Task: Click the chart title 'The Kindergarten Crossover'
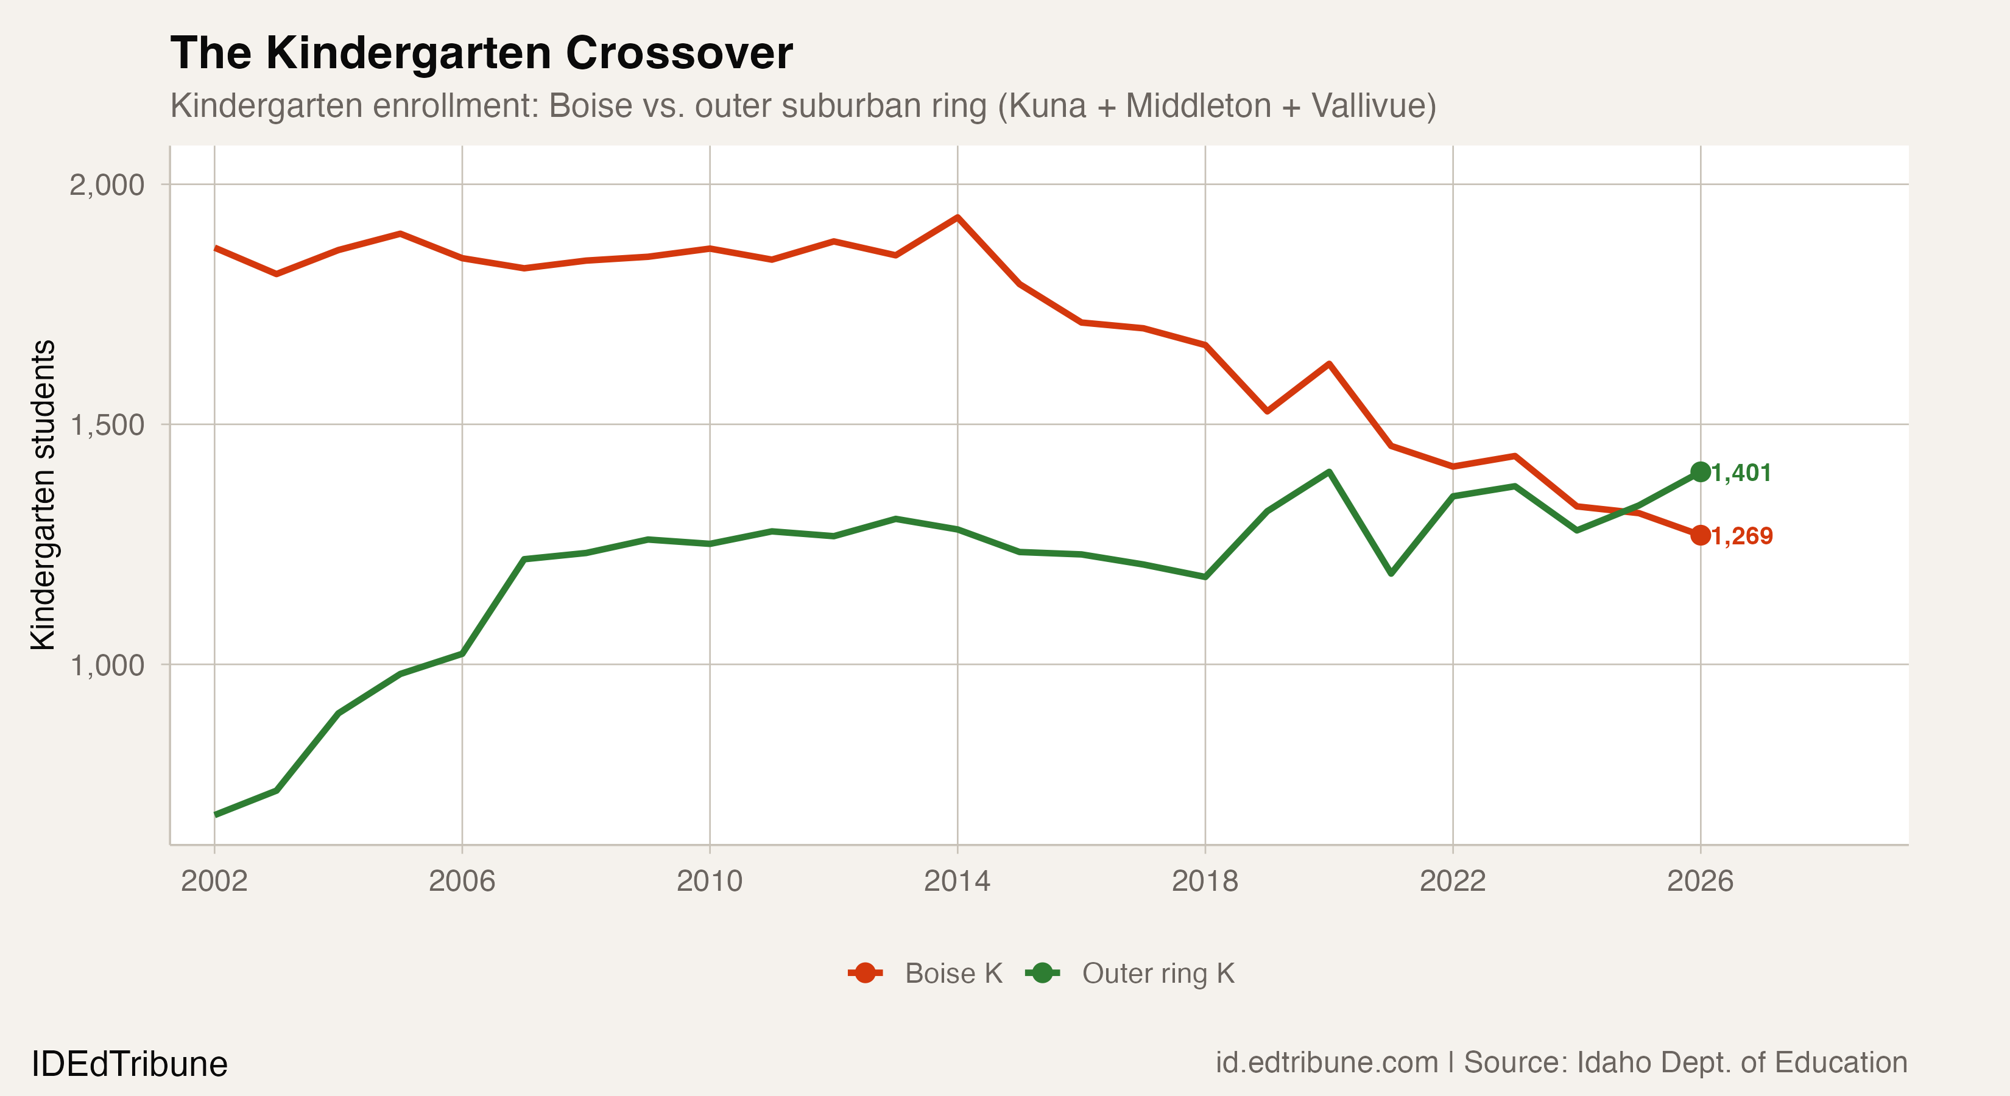pyautogui.click(x=481, y=53)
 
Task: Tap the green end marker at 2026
pyautogui.click(x=1700, y=472)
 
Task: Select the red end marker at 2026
pyautogui.click(x=1700, y=535)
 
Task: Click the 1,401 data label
pyautogui.click(x=1741, y=472)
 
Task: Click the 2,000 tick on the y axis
pyautogui.click(x=107, y=186)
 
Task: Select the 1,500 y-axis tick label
pyautogui.click(x=107, y=425)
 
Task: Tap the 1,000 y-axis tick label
pyautogui.click(x=107, y=666)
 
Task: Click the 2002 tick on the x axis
pyautogui.click(x=214, y=880)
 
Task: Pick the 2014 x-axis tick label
pyautogui.click(x=957, y=880)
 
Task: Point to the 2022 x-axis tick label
pyautogui.click(x=1452, y=880)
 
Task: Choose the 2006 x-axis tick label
pyautogui.click(x=462, y=880)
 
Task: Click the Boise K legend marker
pyautogui.click(x=864, y=973)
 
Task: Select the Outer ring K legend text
pyautogui.click(x=1158, y=974)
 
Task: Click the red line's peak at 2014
pyautogui.click(x=957, y=217)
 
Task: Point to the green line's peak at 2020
pyautogui.click(x=1329, y=471)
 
